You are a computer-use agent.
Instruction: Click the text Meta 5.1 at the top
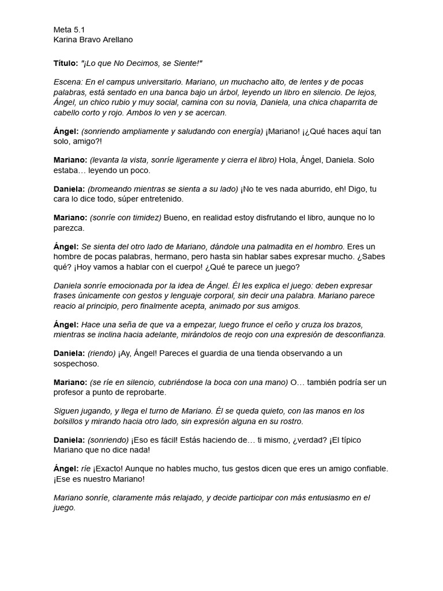coord(69,29)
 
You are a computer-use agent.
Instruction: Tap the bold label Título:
coord(65,62)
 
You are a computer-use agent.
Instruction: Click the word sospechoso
coord(76,363)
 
